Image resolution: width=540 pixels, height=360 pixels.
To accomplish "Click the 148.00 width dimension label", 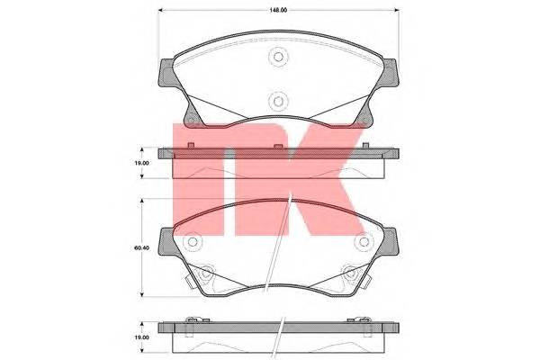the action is click(x=278, y=10).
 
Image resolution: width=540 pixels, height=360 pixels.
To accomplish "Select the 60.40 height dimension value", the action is click(x=141, y=247).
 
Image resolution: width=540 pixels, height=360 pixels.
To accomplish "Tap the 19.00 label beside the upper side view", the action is click(x=141, y=163).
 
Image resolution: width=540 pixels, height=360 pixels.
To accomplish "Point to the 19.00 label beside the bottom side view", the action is click(x=141, y=337).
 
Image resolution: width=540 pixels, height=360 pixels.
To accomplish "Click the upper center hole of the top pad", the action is click(x=278, y=57).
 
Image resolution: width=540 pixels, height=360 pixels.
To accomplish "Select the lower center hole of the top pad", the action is click(x=278, y=102).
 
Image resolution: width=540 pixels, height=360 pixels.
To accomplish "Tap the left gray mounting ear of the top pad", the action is click(x=166, y=73).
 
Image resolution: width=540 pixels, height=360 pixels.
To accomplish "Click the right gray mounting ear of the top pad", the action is click(x=391, y=73).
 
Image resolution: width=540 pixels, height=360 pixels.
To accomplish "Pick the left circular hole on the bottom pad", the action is click(x=193, y=242).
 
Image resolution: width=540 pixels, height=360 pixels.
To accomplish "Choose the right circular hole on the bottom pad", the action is click(x=364, y=242).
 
